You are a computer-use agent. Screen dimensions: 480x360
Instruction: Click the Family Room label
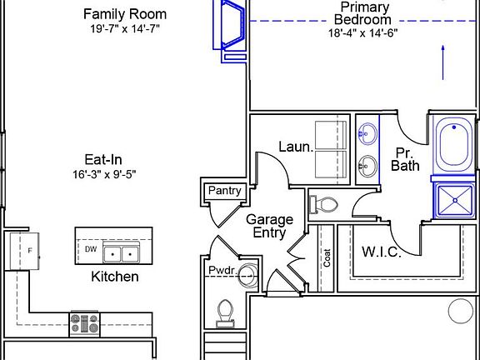coord(125,14)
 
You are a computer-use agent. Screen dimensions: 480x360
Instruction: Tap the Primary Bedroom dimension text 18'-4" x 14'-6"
coord(363,32)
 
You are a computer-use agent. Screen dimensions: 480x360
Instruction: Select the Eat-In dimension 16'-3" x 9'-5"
coord(104,174)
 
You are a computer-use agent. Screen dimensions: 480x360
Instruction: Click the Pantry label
coord(225,191)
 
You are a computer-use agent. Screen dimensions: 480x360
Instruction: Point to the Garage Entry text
coord(269,226)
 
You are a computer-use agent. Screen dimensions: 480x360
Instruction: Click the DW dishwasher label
coord(91,249)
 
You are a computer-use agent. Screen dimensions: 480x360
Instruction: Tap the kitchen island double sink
coord(121,253)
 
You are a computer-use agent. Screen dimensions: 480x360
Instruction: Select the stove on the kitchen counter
coord(85,324)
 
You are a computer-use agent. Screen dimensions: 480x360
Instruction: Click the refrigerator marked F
coord(24,251)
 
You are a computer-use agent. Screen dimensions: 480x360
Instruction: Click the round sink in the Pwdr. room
coord(248,276)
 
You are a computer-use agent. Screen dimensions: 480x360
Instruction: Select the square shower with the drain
coord(455,201)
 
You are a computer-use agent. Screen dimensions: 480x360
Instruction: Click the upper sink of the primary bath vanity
coord(367,133)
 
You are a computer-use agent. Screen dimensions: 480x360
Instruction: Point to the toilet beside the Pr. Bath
coord(323,204)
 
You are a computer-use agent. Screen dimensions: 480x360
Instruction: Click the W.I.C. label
coord(382,252)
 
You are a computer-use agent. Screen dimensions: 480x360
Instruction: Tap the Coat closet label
coord(327,257)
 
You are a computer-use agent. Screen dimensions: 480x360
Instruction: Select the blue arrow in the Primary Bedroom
coord(443,62)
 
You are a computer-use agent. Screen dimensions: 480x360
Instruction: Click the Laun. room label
coord(297,147)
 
